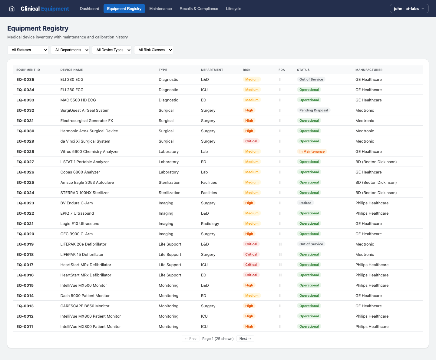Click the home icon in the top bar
click(x=12, y=8)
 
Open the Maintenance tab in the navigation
click(x=160, y=8)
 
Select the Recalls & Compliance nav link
click(x=199, y=8)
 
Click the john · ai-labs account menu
click(x=409, y=8)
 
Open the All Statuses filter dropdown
click(x=28, y=50)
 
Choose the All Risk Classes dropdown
click(x=154, y=50)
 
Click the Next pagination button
click(x=245, y=339)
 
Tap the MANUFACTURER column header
click(x=369, y=70)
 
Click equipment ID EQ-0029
click(x=25, y=141)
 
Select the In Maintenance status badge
click(x=312, y=151)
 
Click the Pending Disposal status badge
click(x=314, y=110)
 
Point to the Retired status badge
click(x=305, y=203)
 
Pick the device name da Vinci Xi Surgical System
click(x=85, y=141)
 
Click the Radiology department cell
click(x=210, y=223)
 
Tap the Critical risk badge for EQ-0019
click(x=251, y=244)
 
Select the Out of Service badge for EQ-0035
click(x=311, y=79)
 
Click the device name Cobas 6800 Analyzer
click(x=80, y=172)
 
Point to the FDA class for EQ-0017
click(x=280, y=265)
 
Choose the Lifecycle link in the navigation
click(x=233, y=8)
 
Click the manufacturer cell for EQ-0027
click(x=376, y=162)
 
